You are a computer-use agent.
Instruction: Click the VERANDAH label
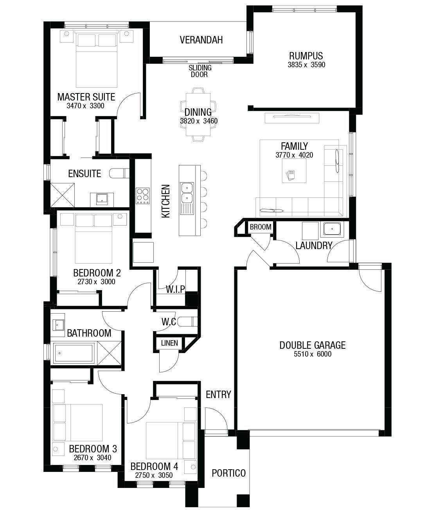pyautogui.click(x=201, y=40)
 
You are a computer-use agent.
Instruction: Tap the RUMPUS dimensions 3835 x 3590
pyautogui.click(x=306, y=65)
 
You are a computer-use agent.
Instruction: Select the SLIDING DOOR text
pyautogui.click(x=200, y=71)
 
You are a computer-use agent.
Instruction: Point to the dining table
pyautogui.click(x=198, y=115)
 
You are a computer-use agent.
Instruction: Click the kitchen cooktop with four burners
pyautogui.click(x=143, y=196)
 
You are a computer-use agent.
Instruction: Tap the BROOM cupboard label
pyautogui.click(x=261, y=227)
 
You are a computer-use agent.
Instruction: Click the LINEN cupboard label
pyautogui.click(x=170, y=343)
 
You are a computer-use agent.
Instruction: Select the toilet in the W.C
pyautogui.click(x=187, y=321)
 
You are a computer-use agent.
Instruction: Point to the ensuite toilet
pyautogui.click(x=119, y=173)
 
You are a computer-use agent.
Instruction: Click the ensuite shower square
pyautogui.click(x=63, y=195)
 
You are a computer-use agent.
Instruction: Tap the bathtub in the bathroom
pyautogui.click(x=74, y=353)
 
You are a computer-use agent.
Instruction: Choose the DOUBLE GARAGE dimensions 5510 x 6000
pyautogui.click(x=313, y=354)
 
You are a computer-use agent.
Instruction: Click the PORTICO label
pyautogui.click(x=229, y=473)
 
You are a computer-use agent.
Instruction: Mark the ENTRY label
pyautogui.click(x=219, y=395)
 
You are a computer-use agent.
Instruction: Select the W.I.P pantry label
pyautogui.click(x=175, y=289)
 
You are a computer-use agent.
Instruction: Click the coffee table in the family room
pyautogui.click(x=294, y=171)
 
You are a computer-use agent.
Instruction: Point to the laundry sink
pyautogui.click(x=332, y=229)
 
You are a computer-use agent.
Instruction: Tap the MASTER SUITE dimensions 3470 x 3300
pyautogui.click(x=85, y=106)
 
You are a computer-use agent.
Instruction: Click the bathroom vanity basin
pyautogui.click(x=58, y=325)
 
